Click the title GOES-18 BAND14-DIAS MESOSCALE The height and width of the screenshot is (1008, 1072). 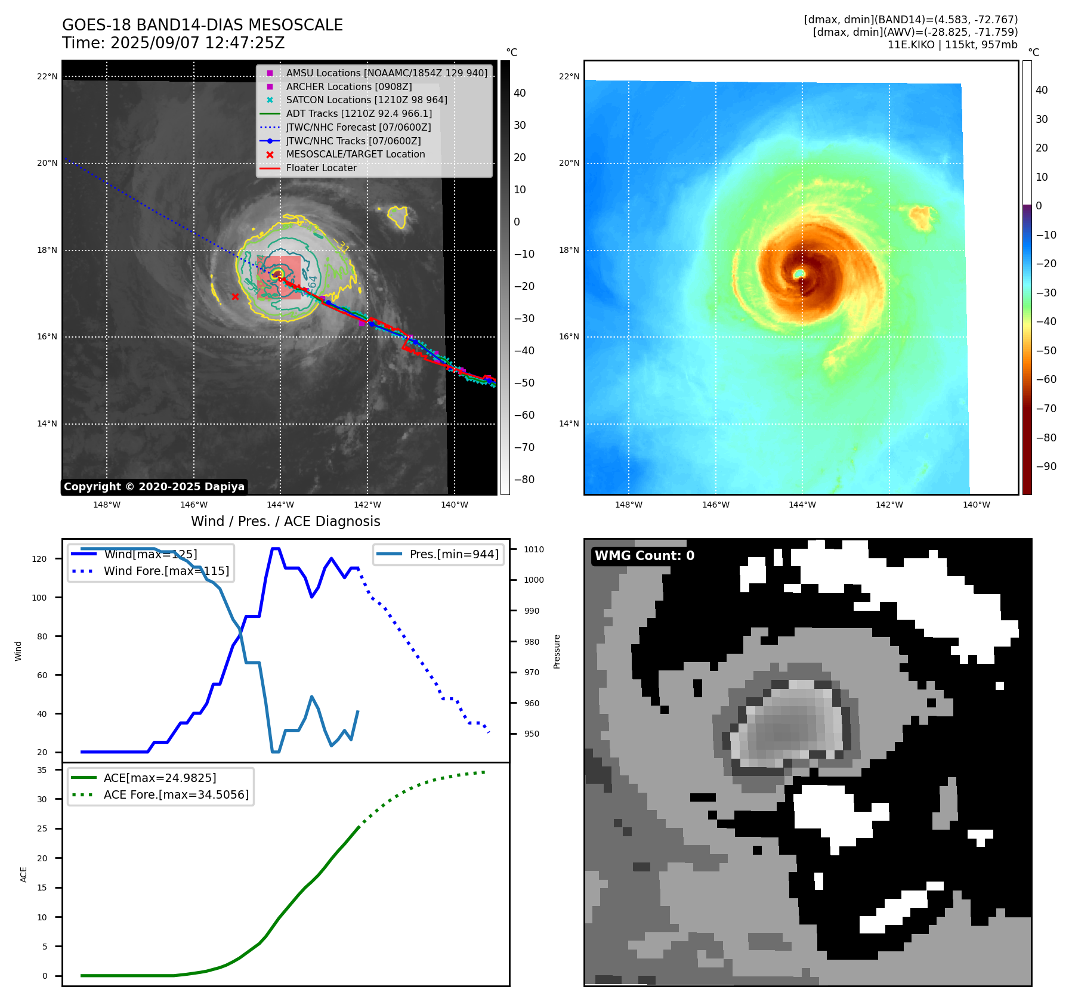tap(202, 25)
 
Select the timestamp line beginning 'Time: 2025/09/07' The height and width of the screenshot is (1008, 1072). tap(173, 43)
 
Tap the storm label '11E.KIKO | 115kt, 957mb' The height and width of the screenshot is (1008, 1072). tap(952, 45)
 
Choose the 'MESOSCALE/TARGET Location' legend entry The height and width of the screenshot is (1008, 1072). tap(355, 154)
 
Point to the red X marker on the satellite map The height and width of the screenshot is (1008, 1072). tap(236, 296)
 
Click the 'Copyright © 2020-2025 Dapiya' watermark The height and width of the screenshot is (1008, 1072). tap(154, 487)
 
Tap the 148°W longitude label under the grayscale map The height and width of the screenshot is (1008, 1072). tap(107, 505)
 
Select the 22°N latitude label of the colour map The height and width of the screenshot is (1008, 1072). tap(569, 76)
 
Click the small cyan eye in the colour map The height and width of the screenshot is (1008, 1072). tap(799, 273)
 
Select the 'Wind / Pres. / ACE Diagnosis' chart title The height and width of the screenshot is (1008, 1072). tap(285, 521)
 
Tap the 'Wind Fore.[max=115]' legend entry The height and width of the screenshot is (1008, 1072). tap(166, 571)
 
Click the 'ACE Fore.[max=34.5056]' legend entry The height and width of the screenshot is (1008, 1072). tap(175, 794)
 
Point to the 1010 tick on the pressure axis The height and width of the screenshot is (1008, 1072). tap(534, 549)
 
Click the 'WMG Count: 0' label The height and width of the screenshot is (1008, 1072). tap(644, 556)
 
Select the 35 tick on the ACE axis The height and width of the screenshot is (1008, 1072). tap(42, 770)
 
